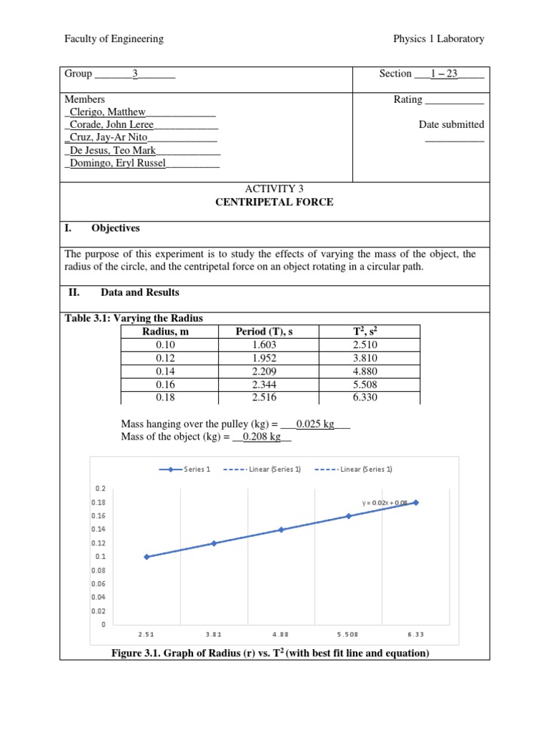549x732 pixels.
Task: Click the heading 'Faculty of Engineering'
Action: [x=114, y=39]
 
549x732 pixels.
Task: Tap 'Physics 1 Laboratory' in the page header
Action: [x=438, y=39]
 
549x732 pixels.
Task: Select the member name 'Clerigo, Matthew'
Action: [x=108, y=112]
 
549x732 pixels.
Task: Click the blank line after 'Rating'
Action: [x=454, y=101]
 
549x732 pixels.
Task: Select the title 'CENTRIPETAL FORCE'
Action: [x=274, y=202]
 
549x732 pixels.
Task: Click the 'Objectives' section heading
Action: [x=115, y=229]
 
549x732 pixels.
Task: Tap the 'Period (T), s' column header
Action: [x=264, y=331]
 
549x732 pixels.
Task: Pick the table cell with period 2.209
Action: [x=264, y=372]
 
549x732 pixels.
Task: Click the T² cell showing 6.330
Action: [x=365, y=398]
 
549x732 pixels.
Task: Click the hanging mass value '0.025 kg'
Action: [x=315, y=424]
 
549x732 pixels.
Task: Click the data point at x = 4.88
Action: [x=282, y=530]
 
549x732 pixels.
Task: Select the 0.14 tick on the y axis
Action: [x=99, y=529]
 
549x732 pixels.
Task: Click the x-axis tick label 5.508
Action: [x=349, y=634]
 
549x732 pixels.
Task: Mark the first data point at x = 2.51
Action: [x=147, y=556]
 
